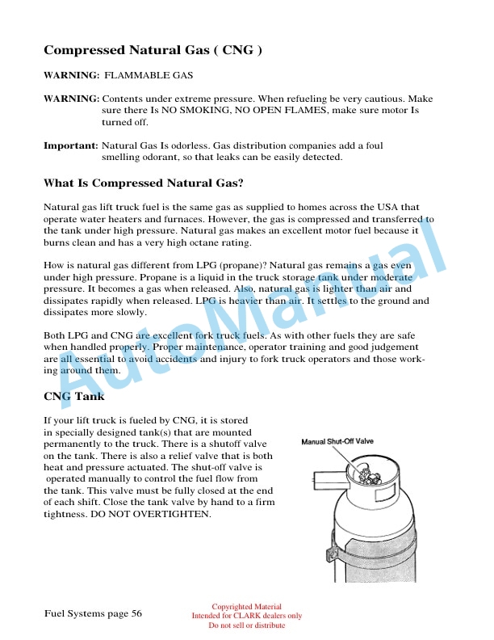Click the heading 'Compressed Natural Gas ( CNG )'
point(153,50)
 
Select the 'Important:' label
point(70,145)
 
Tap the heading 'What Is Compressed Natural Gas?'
point(144,183)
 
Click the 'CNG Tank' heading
point(73,397)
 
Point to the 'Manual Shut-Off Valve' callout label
point(337,442)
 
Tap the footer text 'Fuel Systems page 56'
point(93,614)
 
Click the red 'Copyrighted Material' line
point(246,607)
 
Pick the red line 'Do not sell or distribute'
point(246,625)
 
